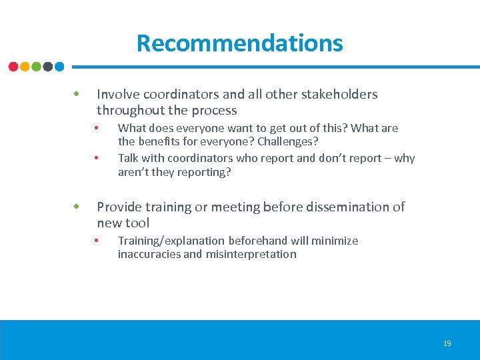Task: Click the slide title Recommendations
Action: (x=239, y=43)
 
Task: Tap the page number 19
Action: (x=447, y=343)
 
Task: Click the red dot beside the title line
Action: (x=13, y=67)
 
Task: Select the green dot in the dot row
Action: (x=36, y=67)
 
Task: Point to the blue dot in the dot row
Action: (x=59, y=67)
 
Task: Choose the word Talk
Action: (x=129, y=158)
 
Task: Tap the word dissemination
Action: (x=338, y=207)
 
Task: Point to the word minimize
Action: (x=335, y=241)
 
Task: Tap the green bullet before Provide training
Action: (x=77, y=206)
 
